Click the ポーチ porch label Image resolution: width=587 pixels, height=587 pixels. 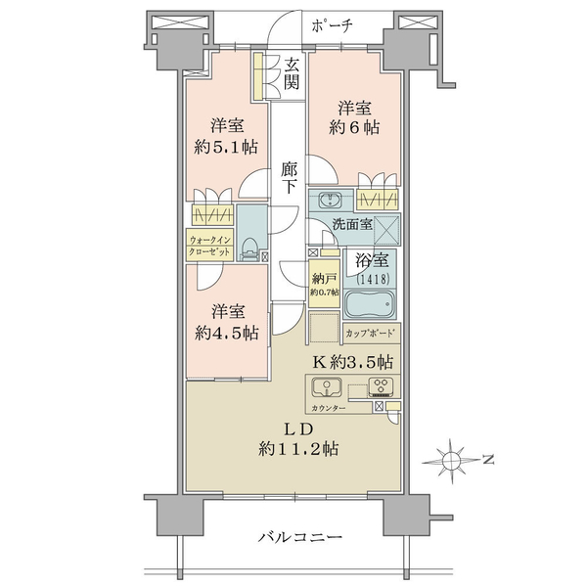coord(332,25)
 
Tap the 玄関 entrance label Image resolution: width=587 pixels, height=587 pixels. coord(292,74)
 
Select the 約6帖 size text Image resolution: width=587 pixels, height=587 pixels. coord(354,127)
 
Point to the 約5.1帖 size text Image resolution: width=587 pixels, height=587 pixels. coord(226,147)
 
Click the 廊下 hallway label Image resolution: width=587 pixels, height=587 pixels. coord(290,177)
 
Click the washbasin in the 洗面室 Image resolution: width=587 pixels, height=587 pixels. coord(331,201)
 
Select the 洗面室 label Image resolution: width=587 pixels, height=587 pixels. coord(352,224)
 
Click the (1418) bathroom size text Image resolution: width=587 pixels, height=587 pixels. coord(374,279)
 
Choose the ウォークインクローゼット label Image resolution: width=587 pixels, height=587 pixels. coord(209,246)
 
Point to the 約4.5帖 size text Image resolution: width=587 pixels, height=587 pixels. coord(227,333)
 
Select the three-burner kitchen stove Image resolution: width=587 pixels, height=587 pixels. coord(382,386)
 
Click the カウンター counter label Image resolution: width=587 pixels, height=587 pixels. coord(328,408)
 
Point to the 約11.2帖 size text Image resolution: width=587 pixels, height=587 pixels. coord(298,448)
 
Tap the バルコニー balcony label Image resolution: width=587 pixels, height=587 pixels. coord(300,537)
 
